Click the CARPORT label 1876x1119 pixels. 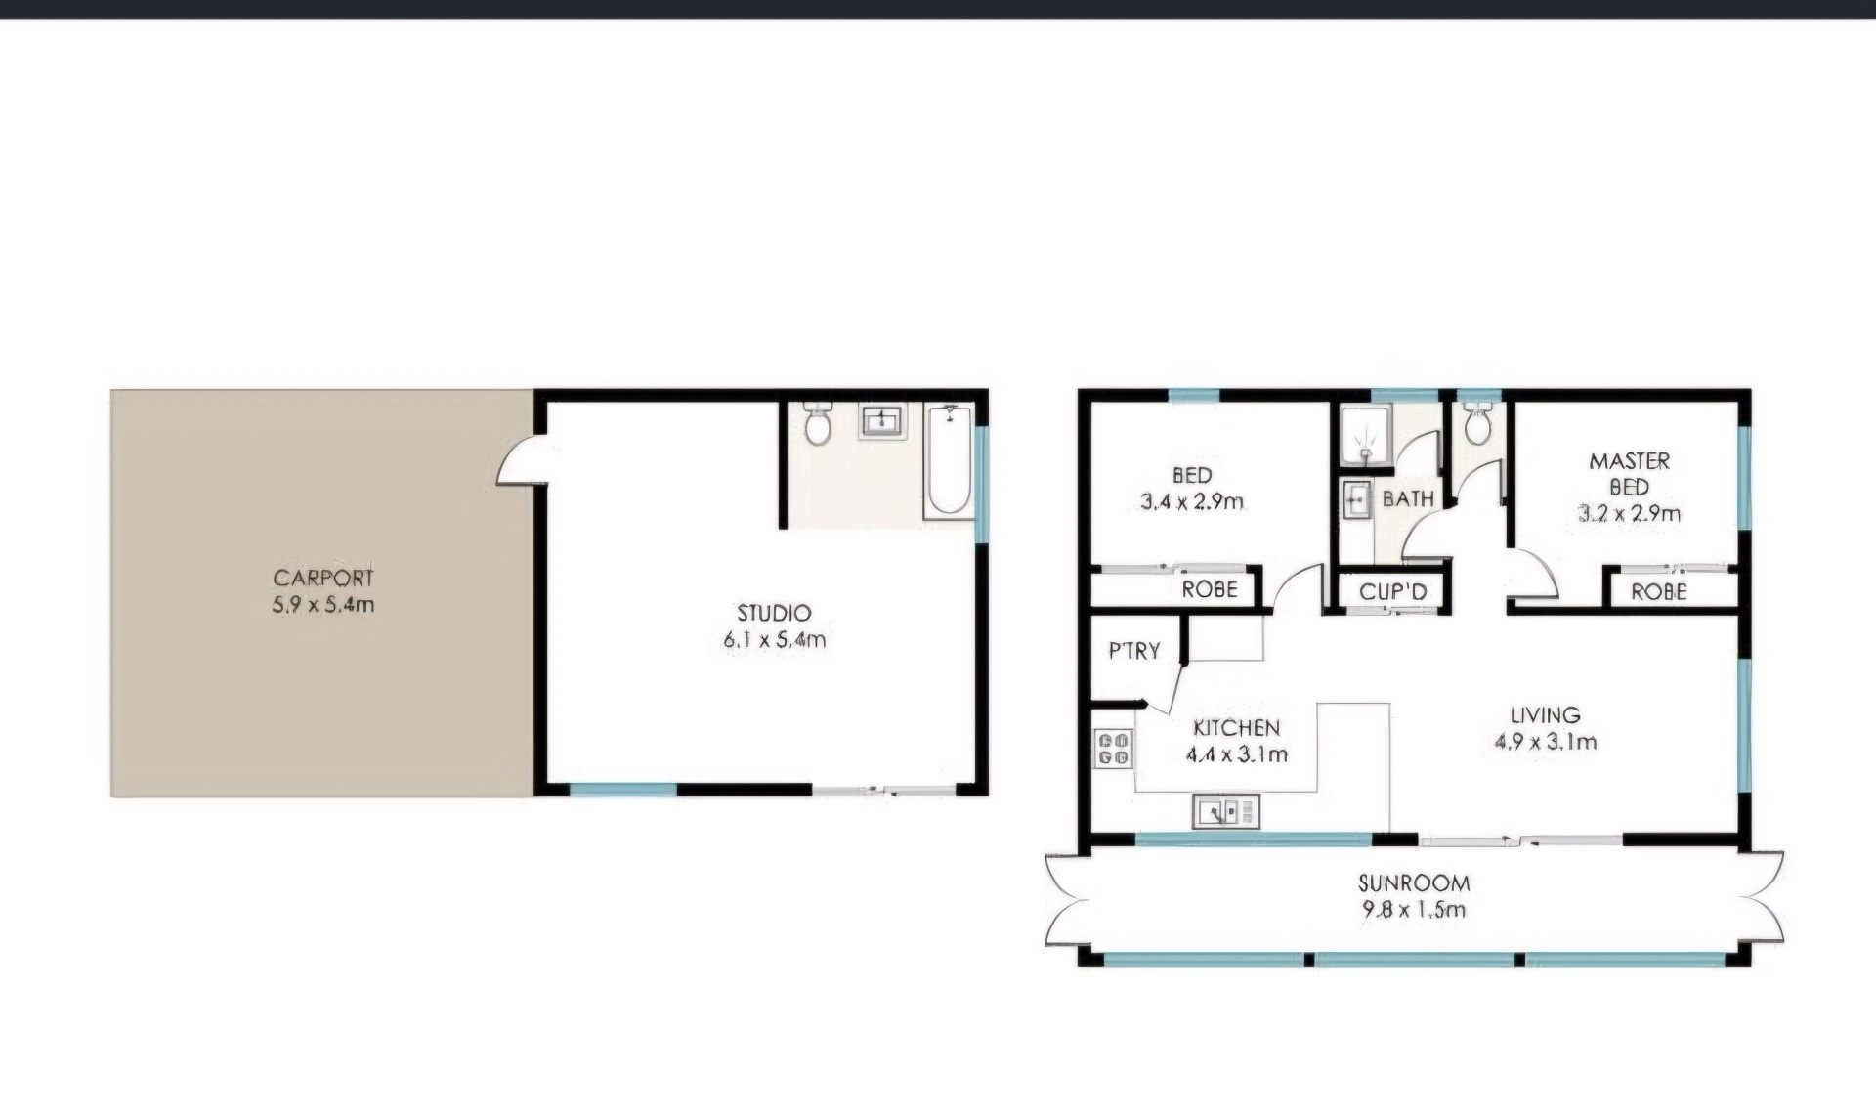click(x=323, y=578)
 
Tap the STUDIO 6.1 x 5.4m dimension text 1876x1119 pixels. click(x=775, y=640)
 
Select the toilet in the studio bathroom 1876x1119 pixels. click(x=818, y=423)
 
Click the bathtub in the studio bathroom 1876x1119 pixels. click(x=949, y=460)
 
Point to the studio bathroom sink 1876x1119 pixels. click(x=883, y=421)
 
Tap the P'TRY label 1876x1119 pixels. click(x=1134, y=651)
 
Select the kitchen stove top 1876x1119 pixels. click(x=1114, y=748)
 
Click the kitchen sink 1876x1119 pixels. click(x=1226, y=811)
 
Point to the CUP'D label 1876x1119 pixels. click(x=1393, y=591)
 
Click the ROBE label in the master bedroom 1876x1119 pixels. click(x=1659, y=591)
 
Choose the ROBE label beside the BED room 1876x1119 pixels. click(x=1210, y=589)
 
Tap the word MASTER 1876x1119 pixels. click(x=1630, y=461)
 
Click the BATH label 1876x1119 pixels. click(x=1408, y=499)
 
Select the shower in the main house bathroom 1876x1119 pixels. click(x=1365, y=435)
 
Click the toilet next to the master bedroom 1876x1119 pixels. click(x=1477, y=425)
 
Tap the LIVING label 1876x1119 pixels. click(x=1545, y=715)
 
